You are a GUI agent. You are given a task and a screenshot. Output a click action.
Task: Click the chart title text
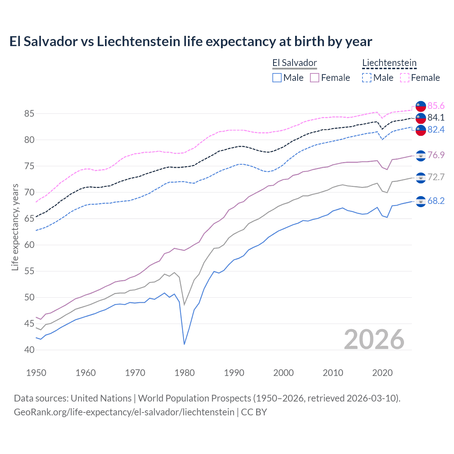(190, 41)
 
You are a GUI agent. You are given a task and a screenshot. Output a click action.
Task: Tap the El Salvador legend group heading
(294, 63)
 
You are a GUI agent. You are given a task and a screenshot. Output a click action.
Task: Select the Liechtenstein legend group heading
(389, 63)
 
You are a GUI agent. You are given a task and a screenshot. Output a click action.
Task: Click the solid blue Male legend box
(277, 78)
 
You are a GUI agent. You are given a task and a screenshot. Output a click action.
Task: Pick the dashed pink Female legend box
(405, 78)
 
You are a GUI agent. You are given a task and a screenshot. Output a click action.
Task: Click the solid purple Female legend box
(315, 78)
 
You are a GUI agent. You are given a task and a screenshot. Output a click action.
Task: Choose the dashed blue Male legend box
(367, 78)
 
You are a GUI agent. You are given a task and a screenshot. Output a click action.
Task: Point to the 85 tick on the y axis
(29, 114)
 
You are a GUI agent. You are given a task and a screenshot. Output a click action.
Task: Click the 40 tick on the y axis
(29, 350)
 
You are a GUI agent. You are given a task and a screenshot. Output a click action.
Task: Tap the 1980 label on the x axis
(184, 373)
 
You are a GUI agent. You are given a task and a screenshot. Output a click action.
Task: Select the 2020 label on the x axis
(382, 373)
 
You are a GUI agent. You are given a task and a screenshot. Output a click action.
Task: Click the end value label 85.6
(436, 106)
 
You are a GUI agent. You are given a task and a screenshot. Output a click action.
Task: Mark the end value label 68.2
(436, 201)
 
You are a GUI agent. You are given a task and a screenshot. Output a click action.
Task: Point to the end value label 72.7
(436, 177)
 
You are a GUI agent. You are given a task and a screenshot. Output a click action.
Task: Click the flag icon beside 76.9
(421, 155)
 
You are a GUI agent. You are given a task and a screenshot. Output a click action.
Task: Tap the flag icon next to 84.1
(421, 118)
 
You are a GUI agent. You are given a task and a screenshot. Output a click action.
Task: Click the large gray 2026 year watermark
(374, 339)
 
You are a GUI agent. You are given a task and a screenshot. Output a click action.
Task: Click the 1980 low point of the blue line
(184, 344)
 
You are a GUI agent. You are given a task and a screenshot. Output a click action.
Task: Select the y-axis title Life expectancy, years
(15, 227)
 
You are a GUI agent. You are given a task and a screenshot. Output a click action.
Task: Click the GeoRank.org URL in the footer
(124, 412)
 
